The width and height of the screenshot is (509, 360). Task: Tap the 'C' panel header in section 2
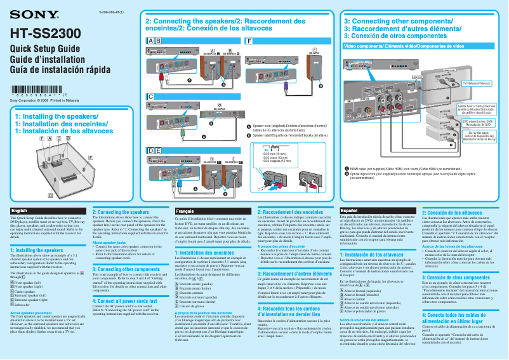pyautogui.click(x=150, y=96)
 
